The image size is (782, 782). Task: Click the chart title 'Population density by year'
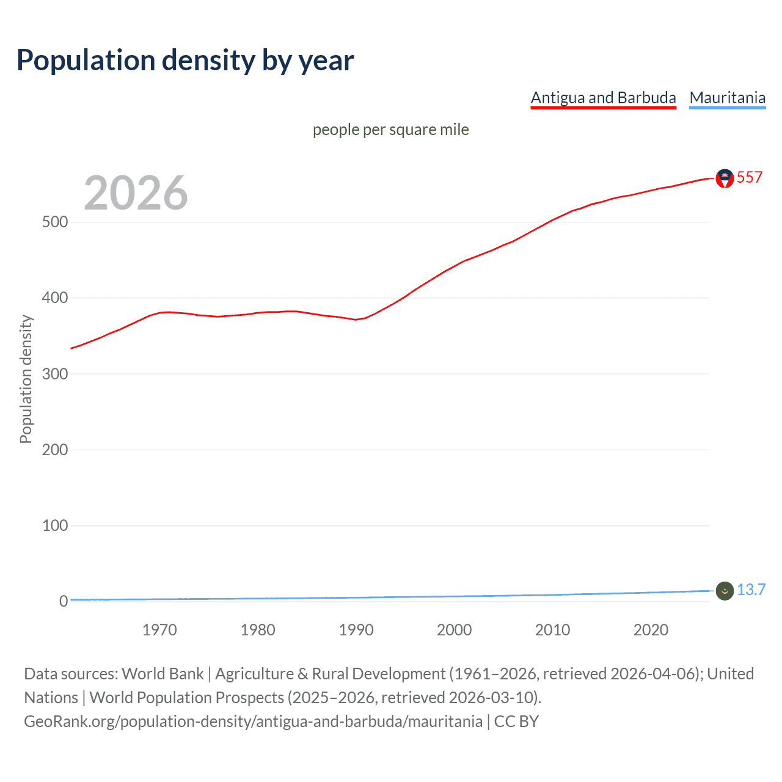[x=185, y=60]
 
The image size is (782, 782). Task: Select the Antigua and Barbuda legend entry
[x=603, y=98]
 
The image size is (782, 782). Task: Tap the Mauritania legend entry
[x=727, y=98]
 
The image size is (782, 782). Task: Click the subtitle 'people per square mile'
[x=390, y=130]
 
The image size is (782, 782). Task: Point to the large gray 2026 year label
[x=136, y=193]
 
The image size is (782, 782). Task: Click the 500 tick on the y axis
[x=55, y=222]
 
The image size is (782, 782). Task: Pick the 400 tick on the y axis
[x=55, y=298]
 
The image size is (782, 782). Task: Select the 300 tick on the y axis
[x=55, y=374]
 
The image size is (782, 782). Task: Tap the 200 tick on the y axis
[x=55, y=450]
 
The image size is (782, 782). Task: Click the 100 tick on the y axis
[x=55, y=525]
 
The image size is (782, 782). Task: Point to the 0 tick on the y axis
[x=64, y=601]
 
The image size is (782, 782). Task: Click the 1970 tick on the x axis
[x=159, y=630]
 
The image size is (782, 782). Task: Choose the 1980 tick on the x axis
[x=258, y=630]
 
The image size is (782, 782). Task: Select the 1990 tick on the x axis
[x=356, y=630]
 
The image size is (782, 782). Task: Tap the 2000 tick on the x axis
[x=454, y=630]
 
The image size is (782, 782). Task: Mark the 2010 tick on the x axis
[x=552, y=630]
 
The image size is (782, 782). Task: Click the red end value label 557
[x=750, y=177]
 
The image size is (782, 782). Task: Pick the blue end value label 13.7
[x=751, y=590]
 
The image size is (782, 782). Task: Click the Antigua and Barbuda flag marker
[x=725, y=178]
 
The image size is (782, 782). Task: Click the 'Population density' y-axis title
[x=26, y=379]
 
